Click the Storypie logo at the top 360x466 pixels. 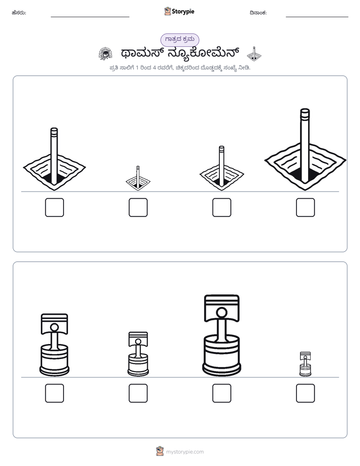tap(179, 11)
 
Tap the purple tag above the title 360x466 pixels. tap(179, 39)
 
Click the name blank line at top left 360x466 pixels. tap(90, 17)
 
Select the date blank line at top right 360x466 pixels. tap(317, 17)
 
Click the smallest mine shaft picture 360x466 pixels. tap(138, 179)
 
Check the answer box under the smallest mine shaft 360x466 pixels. tap(138, 207)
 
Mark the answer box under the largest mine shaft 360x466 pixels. tap(306, 207)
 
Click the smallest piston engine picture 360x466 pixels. tap(305, 364)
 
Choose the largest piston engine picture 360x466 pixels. tap(221, 335)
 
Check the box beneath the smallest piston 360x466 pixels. tap(306, 393)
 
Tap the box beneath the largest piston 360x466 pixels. tap(222, 393)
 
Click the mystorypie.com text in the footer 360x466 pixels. tap(185, 452)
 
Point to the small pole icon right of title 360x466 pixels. tap(254, 54)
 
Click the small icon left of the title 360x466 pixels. tap(105, 54)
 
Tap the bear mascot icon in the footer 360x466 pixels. tap(160, 451)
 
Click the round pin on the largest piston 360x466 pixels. tap(221, 313)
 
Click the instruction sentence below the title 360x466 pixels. tap(179, 68)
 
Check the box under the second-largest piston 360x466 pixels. tap(54, 393)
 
